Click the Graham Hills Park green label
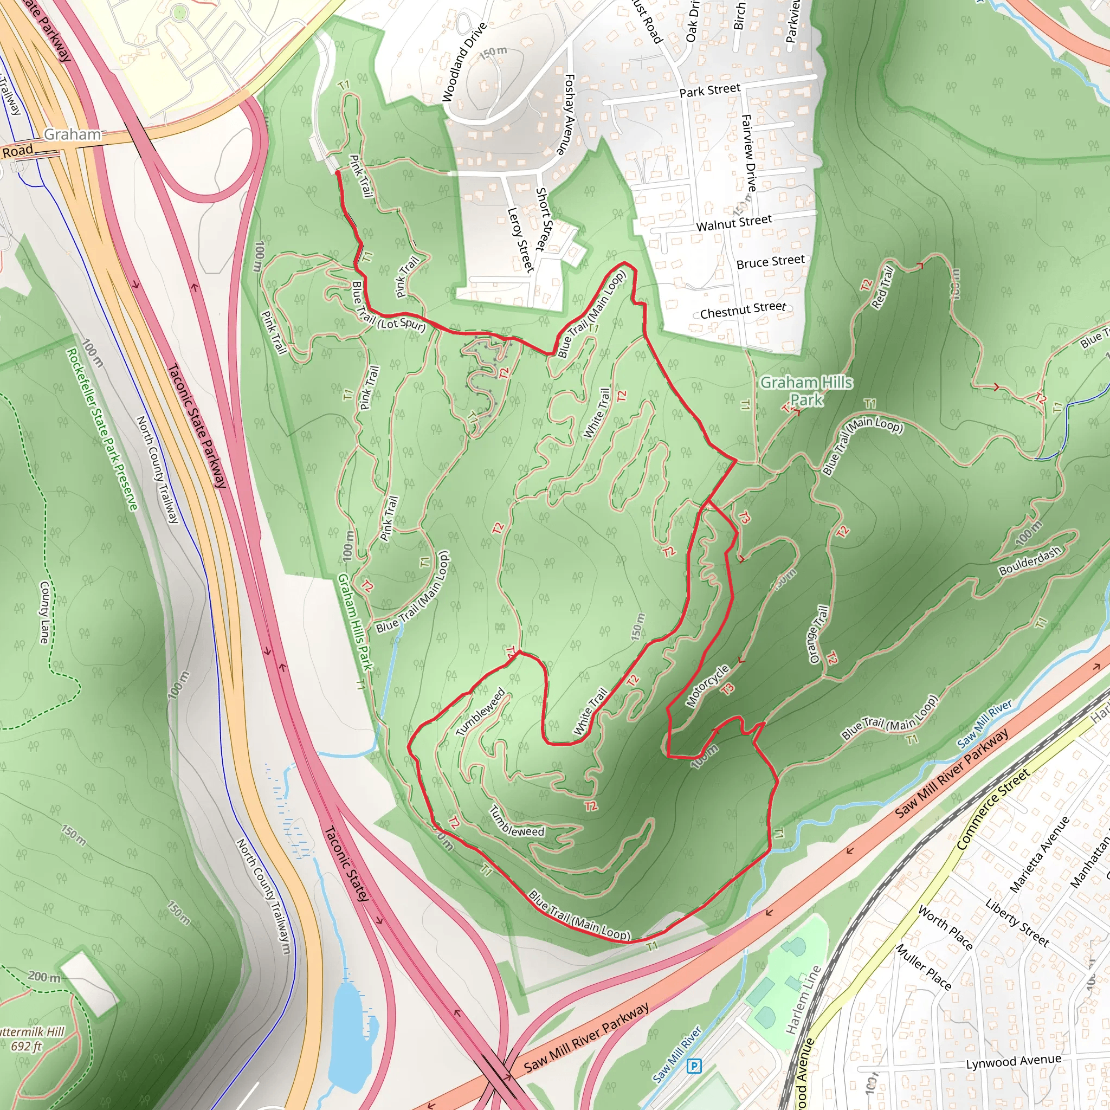806,391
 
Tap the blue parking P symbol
694,1066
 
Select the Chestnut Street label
743,310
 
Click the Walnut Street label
734,222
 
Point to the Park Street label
709,90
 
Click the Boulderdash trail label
1030,562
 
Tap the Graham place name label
73,134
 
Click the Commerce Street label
993,810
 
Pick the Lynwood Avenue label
1013,1062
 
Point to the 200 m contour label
44,976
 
